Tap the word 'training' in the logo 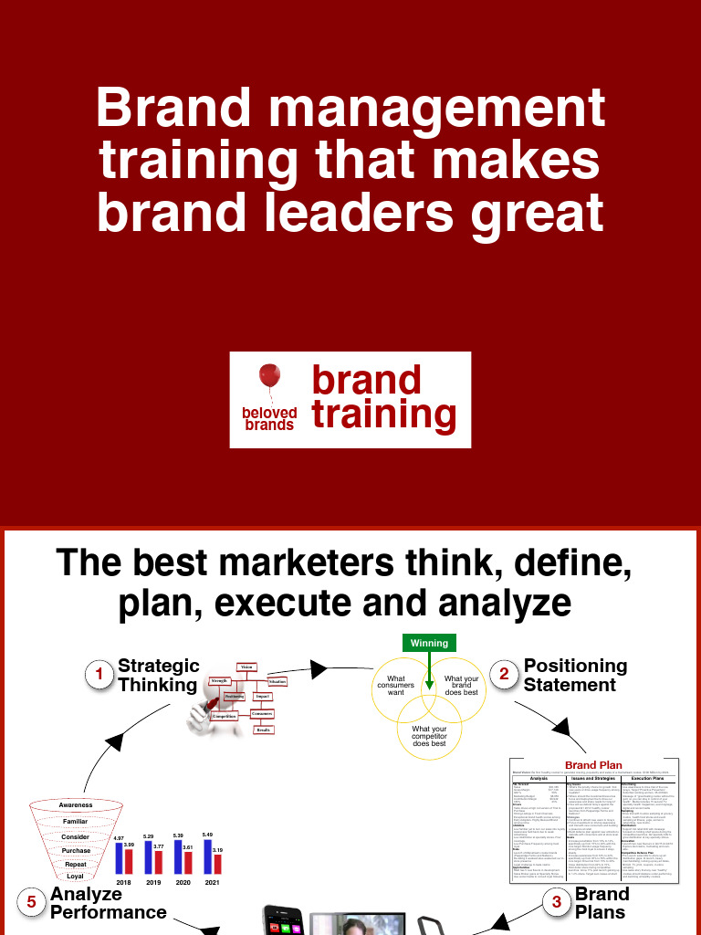click(x=383, y=414)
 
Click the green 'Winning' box click(x=429, y=643)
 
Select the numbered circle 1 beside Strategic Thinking click(x=99, y=675)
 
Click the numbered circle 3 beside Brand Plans click(x=556, y=902)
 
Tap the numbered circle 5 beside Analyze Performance click(x=32, y=902)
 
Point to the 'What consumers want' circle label click(x=396, y=686)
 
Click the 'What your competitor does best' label click(x=429, y=737)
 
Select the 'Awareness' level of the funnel click(x=76, y=804)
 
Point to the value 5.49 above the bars click(x=207, y=835)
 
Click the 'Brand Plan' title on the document click(x=593, y=765)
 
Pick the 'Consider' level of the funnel click(x=76, y=836)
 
